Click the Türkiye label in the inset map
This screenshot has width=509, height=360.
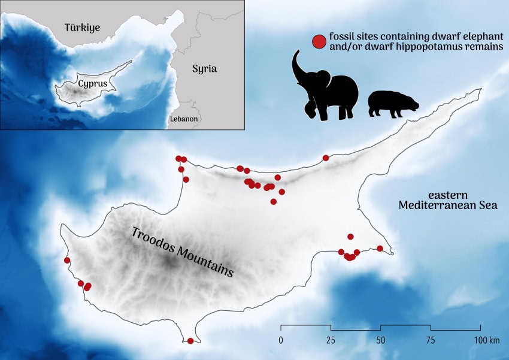pos(83,28)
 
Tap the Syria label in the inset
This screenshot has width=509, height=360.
pos(204,68)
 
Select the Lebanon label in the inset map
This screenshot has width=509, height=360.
pos(183,119)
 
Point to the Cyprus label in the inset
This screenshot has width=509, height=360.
pos(93,84)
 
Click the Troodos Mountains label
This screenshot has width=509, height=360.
pos(182,251)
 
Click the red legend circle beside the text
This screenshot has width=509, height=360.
pos(319,42)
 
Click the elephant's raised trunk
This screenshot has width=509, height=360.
pos(298,66)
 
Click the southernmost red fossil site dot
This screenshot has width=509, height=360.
pos(190,341)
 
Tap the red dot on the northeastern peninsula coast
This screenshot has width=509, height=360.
pos(326,158)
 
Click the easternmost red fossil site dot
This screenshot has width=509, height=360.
pos(380,249)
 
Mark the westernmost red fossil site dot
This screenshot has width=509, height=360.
pos(67,261)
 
